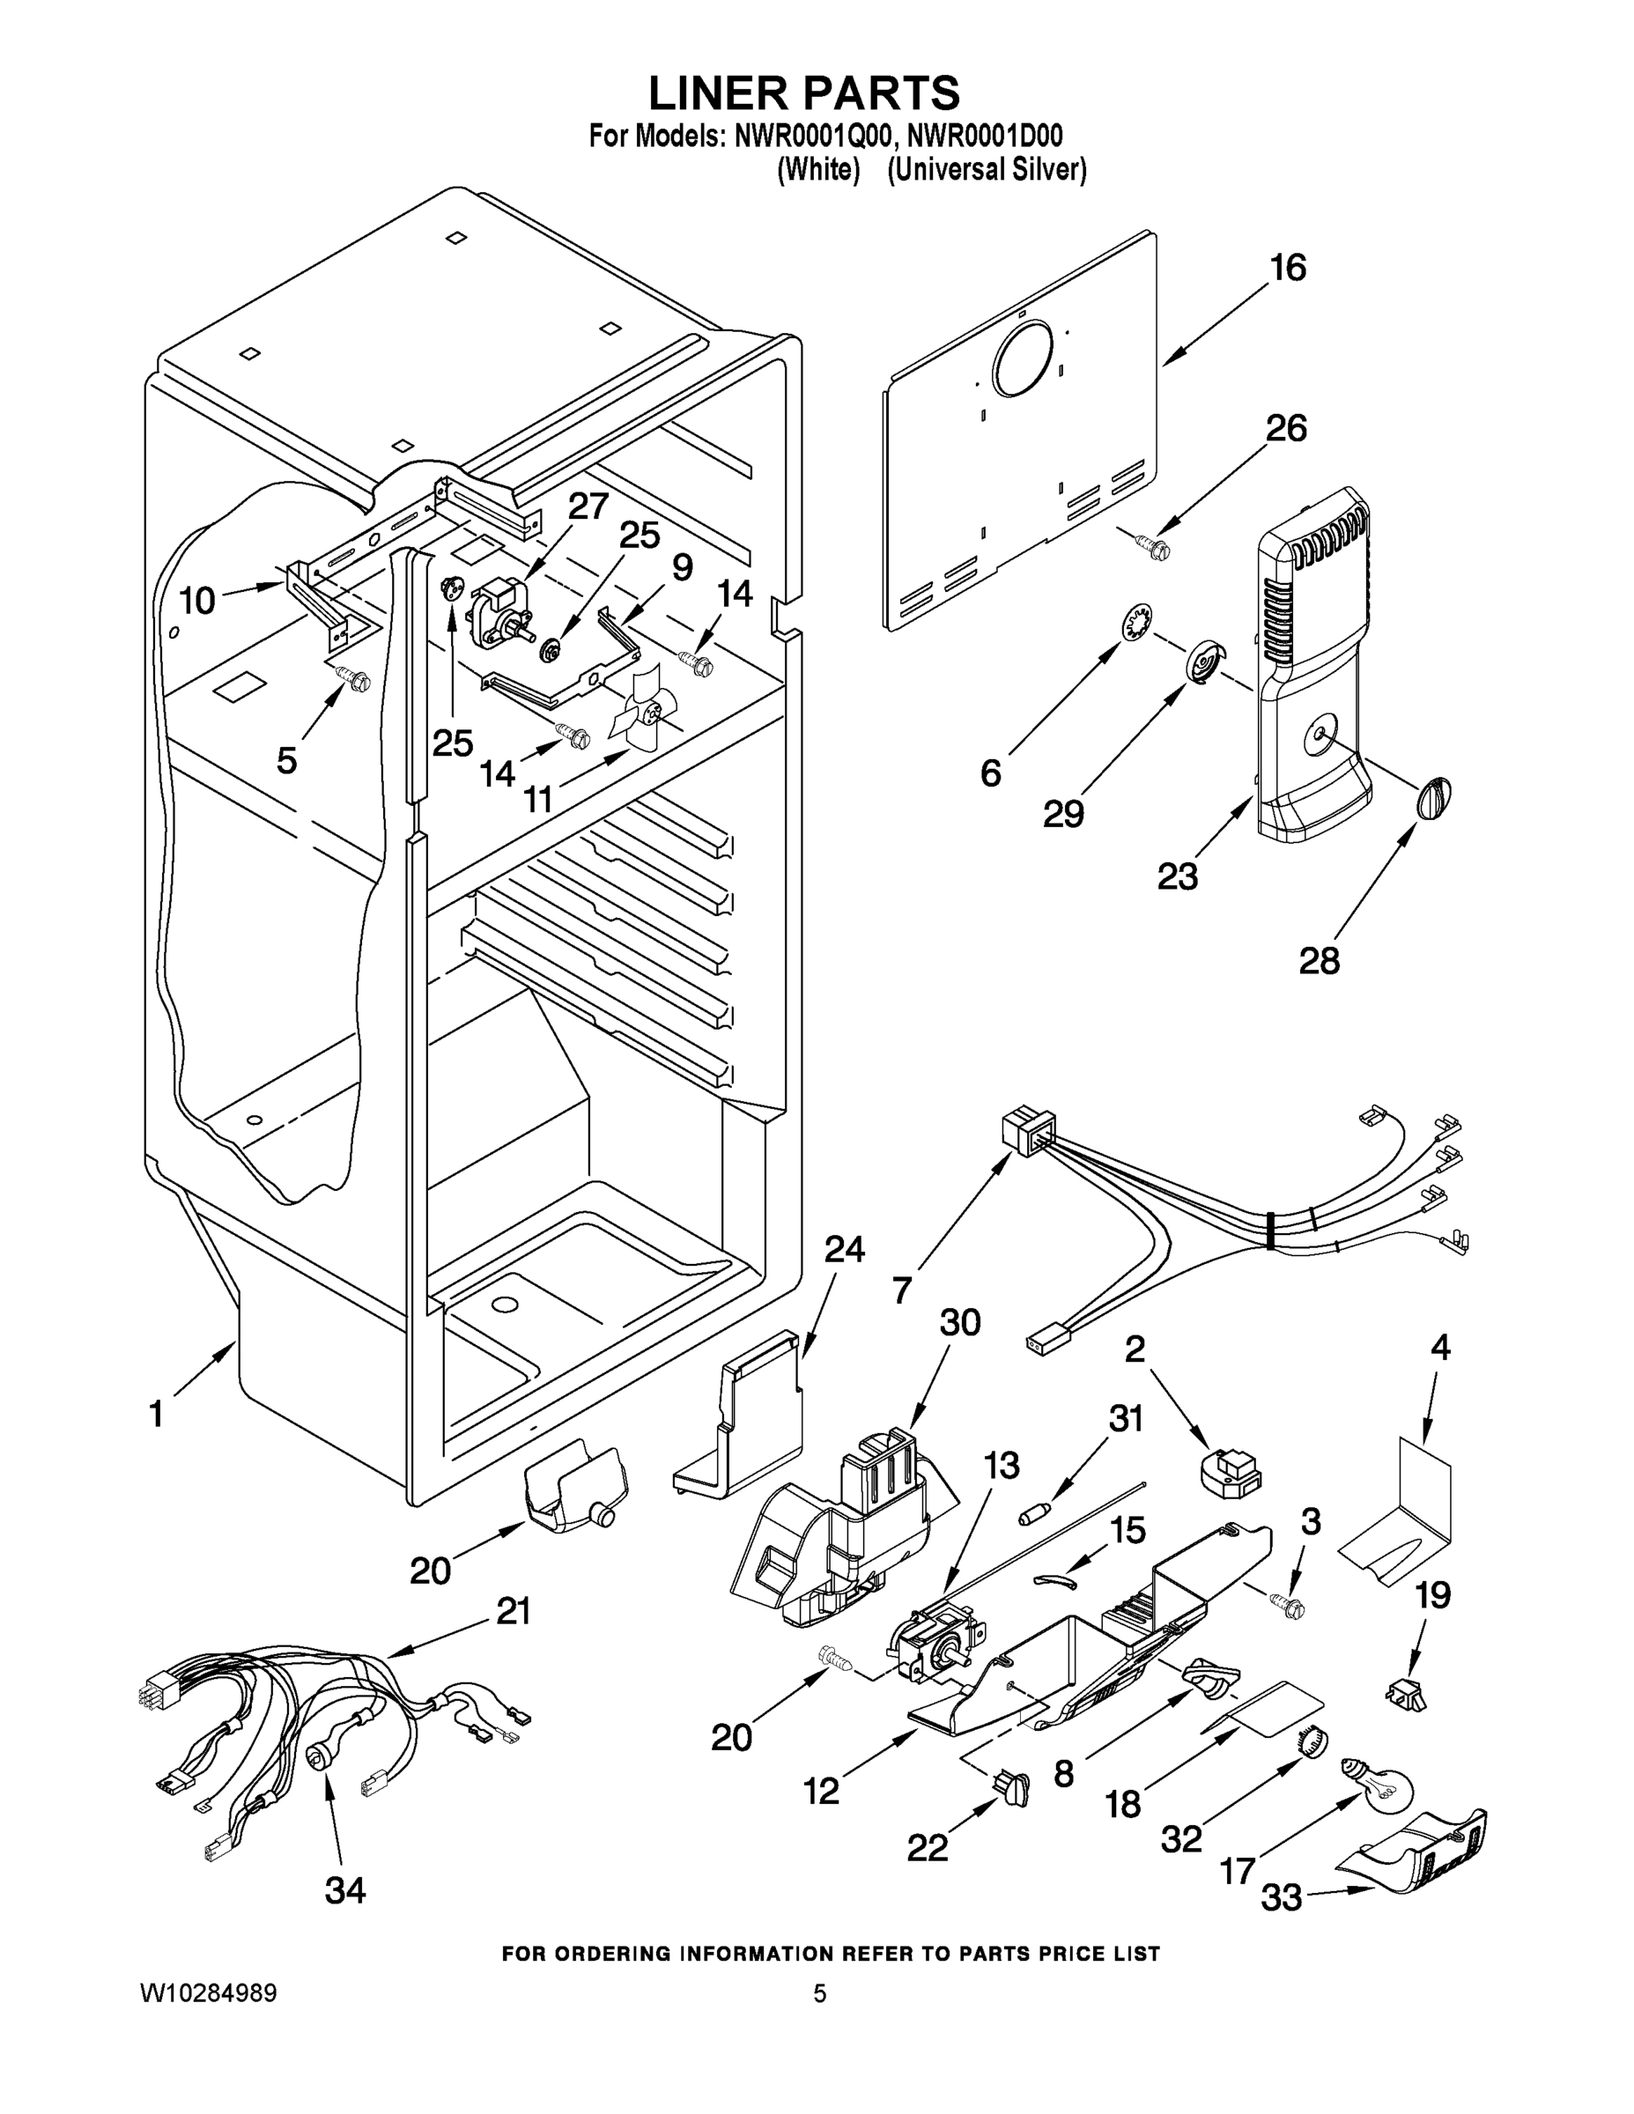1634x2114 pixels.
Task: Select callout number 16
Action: [x=1288, y=267]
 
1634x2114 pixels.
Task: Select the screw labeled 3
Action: [x=1289, y=1607]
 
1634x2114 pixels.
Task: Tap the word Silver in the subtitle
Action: [x=1049, y=170]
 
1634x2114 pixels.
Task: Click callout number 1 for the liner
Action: [x=156, y=1414]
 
